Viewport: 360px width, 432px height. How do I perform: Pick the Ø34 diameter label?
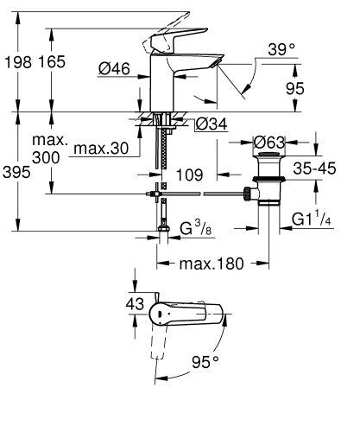click(x=212, y=124)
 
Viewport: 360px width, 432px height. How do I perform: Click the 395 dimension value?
click(x=16, y=173)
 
